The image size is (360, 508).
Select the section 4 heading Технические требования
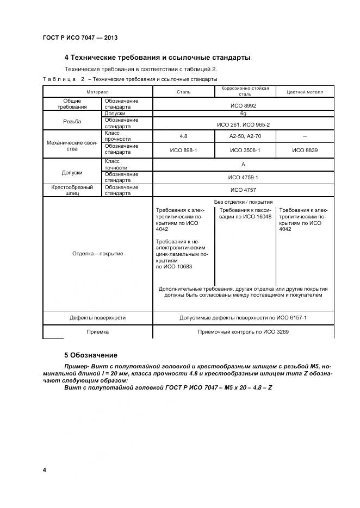pos(157,57)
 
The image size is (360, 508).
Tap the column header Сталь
pos(183,92)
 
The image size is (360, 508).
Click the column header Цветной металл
pos(305,92)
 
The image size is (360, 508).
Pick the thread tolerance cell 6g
pos(243,114)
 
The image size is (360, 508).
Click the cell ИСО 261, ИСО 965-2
pos(243,124)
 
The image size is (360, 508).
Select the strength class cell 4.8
pos(183,136)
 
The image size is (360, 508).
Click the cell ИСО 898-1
pos(183,149)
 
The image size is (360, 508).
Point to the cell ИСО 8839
pos(305,149)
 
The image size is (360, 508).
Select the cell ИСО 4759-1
pos(243,177)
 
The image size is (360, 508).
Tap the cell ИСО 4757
pos(243,190)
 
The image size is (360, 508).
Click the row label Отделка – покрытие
pos(97,253)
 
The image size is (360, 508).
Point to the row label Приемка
pos(97,331)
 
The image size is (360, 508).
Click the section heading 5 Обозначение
pos(90,355)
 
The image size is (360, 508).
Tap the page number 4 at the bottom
pos(44,469)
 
